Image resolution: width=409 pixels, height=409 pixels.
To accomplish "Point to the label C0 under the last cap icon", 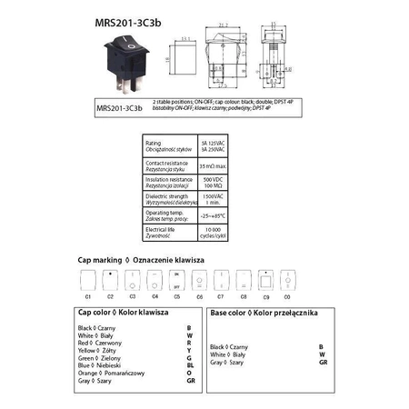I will pos(287,297).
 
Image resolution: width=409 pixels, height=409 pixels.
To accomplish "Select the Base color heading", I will pos(264,312).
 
